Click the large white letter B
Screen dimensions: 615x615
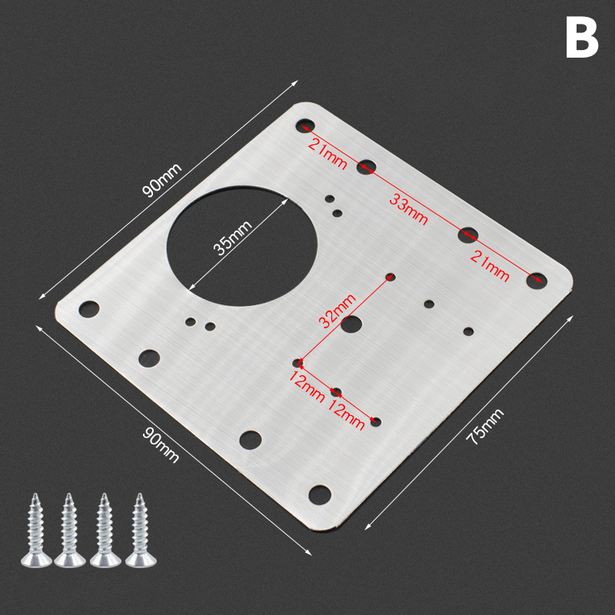coord(582,37)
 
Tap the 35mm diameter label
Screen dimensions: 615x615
coord(233,238)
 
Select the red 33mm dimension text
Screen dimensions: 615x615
coord(408,210)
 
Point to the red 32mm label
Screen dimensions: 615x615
coord(337,311)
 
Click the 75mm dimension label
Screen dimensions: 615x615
coord(484,427)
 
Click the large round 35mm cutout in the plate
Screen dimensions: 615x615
coord(242,246)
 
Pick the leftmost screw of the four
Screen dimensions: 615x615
coord(36,530)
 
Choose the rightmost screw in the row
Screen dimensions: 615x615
coord(141,530)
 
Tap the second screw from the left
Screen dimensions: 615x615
coord(70,530)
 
